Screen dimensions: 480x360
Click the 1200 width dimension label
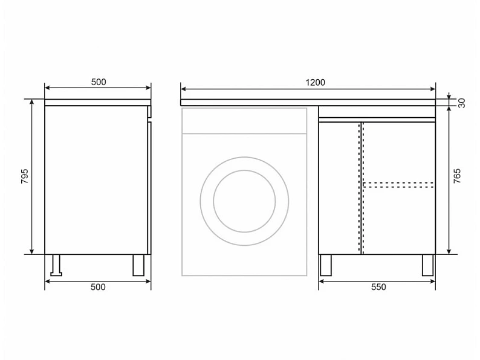click(315, 83)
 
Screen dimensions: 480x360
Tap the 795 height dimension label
click(25, 176)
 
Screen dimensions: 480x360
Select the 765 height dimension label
click(457, 176)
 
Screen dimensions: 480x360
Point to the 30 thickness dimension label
click(462, 103)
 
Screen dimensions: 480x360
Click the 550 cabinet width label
click(378, 287)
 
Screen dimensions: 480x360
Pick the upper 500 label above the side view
click(99, 82)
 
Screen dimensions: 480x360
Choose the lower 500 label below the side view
click(98, 287)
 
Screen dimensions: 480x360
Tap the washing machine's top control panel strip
click(244, 121)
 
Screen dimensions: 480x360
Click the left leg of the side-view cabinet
click(56, 265)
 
